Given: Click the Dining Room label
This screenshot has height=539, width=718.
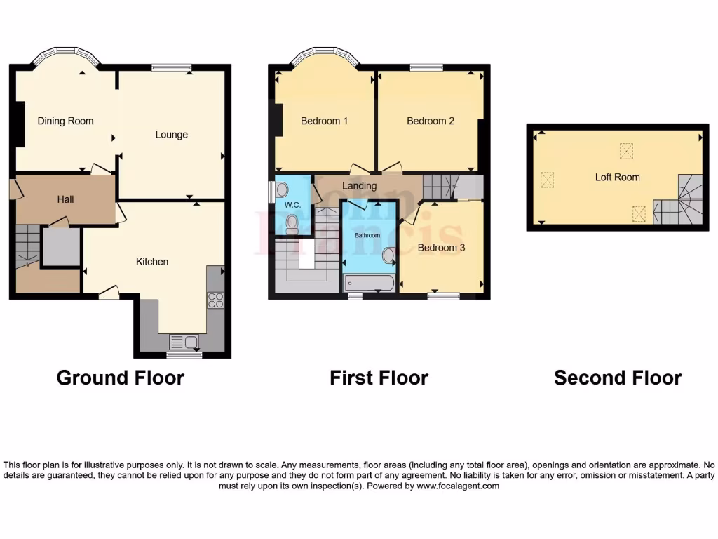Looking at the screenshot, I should pyautogui.click(x=65, y=121).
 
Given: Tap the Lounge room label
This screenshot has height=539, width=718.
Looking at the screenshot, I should pyautogui.click(x=171, y=134).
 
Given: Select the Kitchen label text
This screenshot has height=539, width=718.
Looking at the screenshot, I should pyautogui.click(x=152, y=262).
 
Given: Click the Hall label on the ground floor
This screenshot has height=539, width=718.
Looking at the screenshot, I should pyautogui.click(x=65, y=199).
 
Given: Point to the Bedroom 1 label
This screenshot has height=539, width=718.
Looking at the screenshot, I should pyautogui.click(x=324, y=121).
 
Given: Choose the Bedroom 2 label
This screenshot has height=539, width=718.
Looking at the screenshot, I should pyautogui.click(x=431, y=121).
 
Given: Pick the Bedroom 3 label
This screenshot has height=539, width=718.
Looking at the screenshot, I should pyautogui.click(x=441, y=248).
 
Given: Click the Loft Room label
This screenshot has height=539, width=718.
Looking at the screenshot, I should pyautogui.click(x=617, y=177).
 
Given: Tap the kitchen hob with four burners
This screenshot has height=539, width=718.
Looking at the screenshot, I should pyautogui.click(x=215, y=300).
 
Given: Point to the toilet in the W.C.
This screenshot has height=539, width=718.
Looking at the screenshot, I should pyautogui.click(x=292, y=223).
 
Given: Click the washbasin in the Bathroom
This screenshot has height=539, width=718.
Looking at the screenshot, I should pyautogui.click(x=388, y=257).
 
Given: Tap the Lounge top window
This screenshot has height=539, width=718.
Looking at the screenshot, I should pyautogui.click(x=171, y=67).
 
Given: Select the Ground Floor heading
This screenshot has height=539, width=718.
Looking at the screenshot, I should pyautogui.click(x=120, y=378).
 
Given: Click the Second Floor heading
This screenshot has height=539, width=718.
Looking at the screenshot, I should pyautogui.click(x=617, y=378).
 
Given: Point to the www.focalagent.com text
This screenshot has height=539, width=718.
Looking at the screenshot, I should pyautogui.click(x=457, y=486).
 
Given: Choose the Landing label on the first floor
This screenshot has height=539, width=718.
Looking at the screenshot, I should pyautogui.click(x=359, y=186).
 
